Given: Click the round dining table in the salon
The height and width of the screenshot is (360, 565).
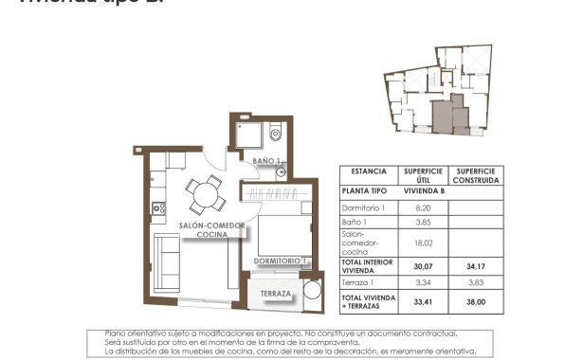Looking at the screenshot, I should click(202, 196).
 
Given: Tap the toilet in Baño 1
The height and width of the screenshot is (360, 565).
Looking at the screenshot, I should click(273, 132).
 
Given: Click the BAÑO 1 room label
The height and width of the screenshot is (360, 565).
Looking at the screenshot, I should click(268, 162).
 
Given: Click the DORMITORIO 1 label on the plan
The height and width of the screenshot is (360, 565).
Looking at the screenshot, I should click(279, 260).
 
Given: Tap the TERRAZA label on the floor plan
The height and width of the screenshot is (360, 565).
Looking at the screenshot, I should click(276, 295).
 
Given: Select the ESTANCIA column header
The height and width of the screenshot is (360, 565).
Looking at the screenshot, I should click(369, 171).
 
